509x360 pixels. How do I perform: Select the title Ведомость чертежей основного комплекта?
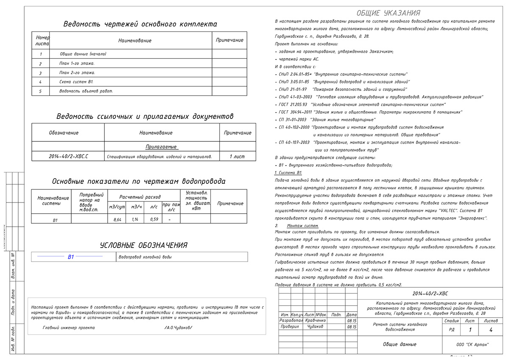tap(140, 24)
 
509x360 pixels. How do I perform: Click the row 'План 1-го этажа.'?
tap(77, 63)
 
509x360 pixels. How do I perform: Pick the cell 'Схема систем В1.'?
tap(76, 82)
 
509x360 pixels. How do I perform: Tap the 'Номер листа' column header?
tap(42, 40)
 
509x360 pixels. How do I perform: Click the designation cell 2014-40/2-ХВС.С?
tap(68, 157)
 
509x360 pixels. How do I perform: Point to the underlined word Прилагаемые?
tap(161, 146)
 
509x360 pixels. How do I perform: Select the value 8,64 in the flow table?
tap(117, 219)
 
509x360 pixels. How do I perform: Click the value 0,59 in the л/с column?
tap(154, 219)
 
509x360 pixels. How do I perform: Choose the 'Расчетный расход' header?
tap(140, 197)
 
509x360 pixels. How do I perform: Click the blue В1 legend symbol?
tap(71, 257)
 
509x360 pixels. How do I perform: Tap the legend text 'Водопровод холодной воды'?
tap(145, 257)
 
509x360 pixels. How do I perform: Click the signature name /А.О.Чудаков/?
tap(178, 328)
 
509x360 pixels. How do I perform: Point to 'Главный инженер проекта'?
tap(69, 328)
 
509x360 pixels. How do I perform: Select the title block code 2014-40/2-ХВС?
tap(430, 293)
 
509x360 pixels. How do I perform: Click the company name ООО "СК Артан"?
tap(472, 344)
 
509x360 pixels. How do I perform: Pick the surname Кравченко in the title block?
tap(315, 321)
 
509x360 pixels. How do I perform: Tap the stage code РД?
tap(451, 329)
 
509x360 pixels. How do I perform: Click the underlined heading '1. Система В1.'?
tap(288, 173)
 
